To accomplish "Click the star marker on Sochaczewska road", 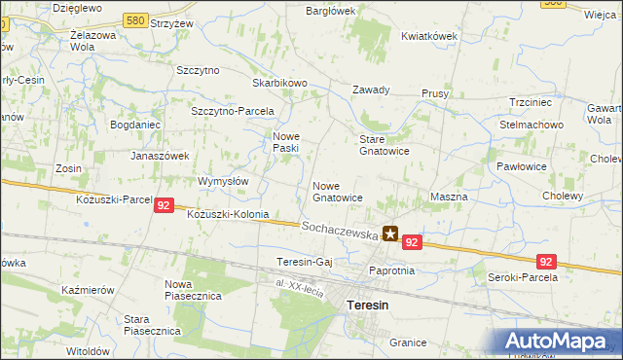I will pos(390,234).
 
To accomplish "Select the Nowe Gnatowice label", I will pos(338,191).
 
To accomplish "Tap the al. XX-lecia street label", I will pos(298,283).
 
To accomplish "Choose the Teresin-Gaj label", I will pos(306,263).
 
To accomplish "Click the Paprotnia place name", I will pos(392,270).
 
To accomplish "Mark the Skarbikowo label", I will pos(279,84).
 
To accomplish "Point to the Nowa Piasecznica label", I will pos(187,288).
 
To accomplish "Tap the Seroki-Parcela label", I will pos(522,277).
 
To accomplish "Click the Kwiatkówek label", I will pos(429,36).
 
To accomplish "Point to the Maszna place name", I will pos(449,197).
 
